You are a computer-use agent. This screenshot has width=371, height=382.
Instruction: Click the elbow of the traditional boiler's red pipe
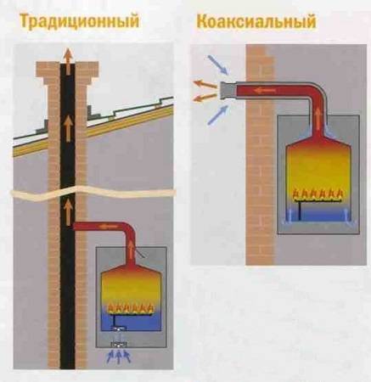point(129,229)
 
